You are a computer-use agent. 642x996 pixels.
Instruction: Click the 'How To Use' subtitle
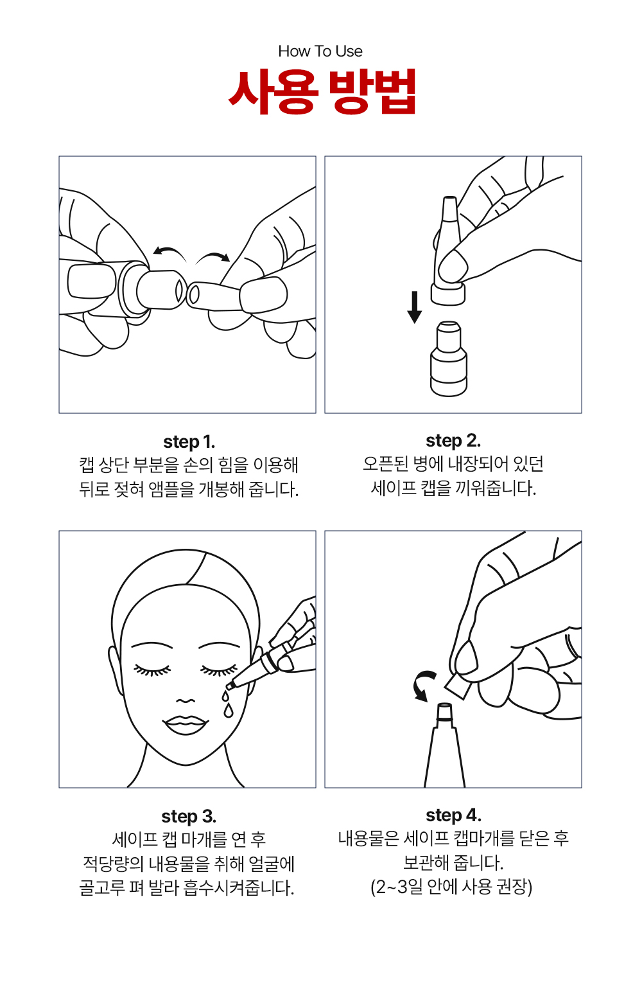[320, 51]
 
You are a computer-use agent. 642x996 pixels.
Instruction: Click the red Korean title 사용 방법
[322, 91]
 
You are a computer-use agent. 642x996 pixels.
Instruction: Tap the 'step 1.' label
[189, 443]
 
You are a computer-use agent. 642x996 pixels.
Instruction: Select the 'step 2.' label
[453, 441]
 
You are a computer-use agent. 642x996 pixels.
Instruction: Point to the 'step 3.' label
[189, 816]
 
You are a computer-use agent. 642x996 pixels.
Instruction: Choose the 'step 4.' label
[454, 815]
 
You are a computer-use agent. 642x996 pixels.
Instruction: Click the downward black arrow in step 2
[415, 307]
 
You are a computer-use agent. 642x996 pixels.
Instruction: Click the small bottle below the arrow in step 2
[449, 359]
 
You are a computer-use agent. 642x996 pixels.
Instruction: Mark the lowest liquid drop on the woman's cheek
[229, 711]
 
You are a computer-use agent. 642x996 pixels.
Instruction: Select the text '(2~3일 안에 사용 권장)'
[451, 887]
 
